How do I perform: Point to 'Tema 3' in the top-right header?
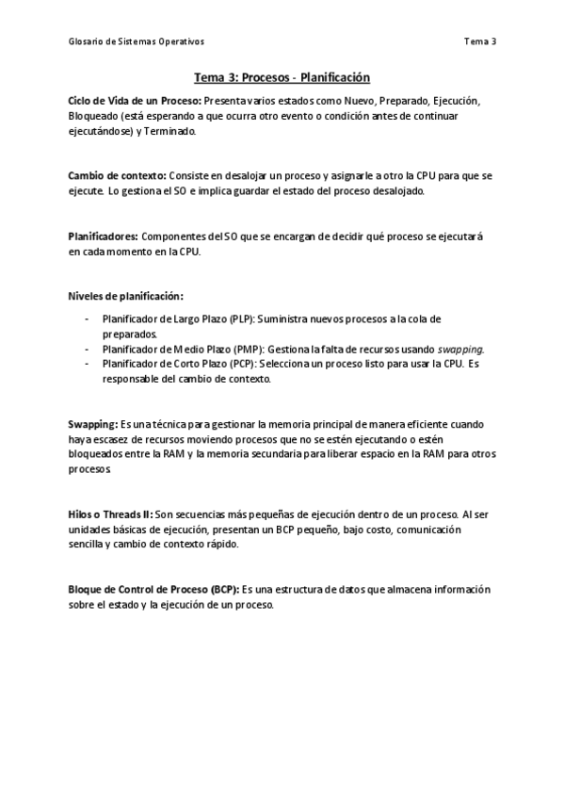click(x=480, y=41)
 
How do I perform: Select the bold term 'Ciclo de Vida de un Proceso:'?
click(x=135, y=100)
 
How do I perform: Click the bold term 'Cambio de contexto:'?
click(x=117, y=176)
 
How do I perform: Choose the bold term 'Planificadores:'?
click(x=103, y=236)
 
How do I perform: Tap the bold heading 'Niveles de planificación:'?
click(x=125, y=296)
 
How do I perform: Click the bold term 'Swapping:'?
click(x=92, y=424)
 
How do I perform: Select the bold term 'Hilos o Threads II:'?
click(x=109, y=515)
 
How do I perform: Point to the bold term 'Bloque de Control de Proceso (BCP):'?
click(x=153, y=590)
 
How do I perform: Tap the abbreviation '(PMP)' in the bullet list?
click(x=244, y=349)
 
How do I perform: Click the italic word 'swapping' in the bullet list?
click(x=460, y=349)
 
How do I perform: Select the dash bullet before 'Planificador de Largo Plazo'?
click(x=87, y=318)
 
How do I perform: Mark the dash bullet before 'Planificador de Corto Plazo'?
click(x=87, y=364)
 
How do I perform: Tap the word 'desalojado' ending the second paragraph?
click(x=398, y=191)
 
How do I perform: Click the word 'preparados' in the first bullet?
click(x=129, y=334)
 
